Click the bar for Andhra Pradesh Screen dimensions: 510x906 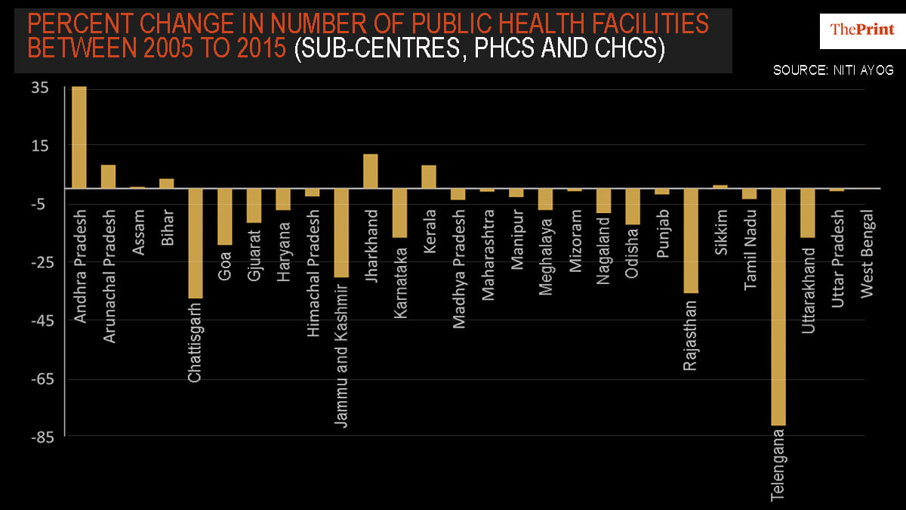79,137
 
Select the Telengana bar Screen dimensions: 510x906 778,307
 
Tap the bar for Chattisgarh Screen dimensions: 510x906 196,243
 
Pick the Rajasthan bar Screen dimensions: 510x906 691,240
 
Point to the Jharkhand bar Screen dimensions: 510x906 371,171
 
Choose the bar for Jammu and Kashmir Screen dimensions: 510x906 341,233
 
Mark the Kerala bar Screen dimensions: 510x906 429,176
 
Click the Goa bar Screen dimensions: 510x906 225,216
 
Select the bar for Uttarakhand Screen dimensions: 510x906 808,212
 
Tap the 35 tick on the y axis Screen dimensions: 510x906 40,88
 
